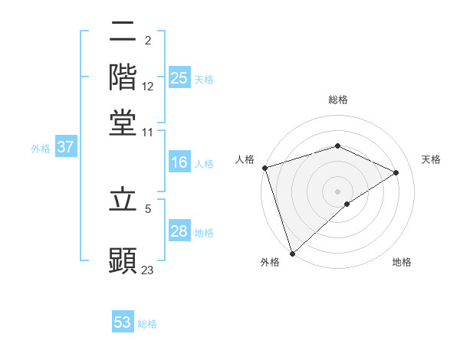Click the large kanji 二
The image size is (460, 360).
(x=123, y=32)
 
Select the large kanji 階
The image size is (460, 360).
(x=123, y=77)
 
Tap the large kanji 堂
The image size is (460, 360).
(x=123, y=122)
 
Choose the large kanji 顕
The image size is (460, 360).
(x=123, y=260)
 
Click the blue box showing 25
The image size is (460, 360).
(x=179, y=78)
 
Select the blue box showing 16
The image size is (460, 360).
(x=179, y=162)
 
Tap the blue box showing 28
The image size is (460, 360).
(x=179, y=232)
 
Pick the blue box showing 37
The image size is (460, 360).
(x=65, y=148)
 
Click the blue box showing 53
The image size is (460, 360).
(x=123, y=322)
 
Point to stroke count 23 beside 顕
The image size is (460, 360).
(x=148, y=270)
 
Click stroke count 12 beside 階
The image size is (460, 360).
(x=148, y=86)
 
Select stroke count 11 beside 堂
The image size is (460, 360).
(x=148, y=132)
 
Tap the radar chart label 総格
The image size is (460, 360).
(x=337, y=100)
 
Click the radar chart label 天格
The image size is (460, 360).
(x=431, y=159)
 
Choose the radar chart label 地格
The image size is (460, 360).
(x=402, y=262)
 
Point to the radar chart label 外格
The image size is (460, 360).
(x=270, y=262)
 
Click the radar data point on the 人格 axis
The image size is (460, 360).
(x=264, y=168)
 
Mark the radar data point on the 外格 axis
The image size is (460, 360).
(x=292, y=253)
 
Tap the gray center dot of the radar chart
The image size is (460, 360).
(x=337, y=191)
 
